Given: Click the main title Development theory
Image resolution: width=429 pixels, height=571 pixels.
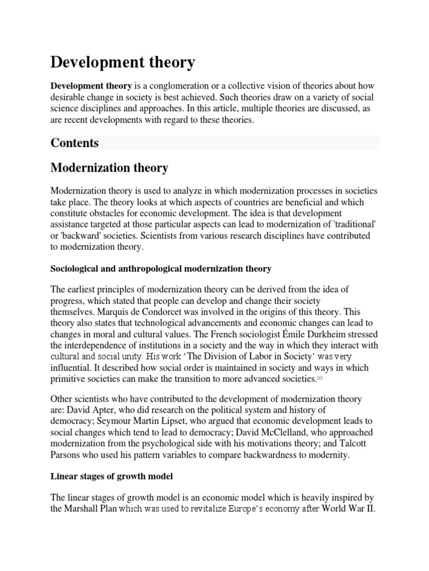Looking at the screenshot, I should click(123, 62).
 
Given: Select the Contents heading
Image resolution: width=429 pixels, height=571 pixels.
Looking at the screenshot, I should click(74, 143).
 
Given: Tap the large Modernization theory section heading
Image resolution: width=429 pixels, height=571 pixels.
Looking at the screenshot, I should click(109, 167).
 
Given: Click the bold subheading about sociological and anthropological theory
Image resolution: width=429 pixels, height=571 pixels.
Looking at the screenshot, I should click(161, 269).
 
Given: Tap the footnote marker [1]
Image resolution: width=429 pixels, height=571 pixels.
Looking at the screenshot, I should click(320, 379).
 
